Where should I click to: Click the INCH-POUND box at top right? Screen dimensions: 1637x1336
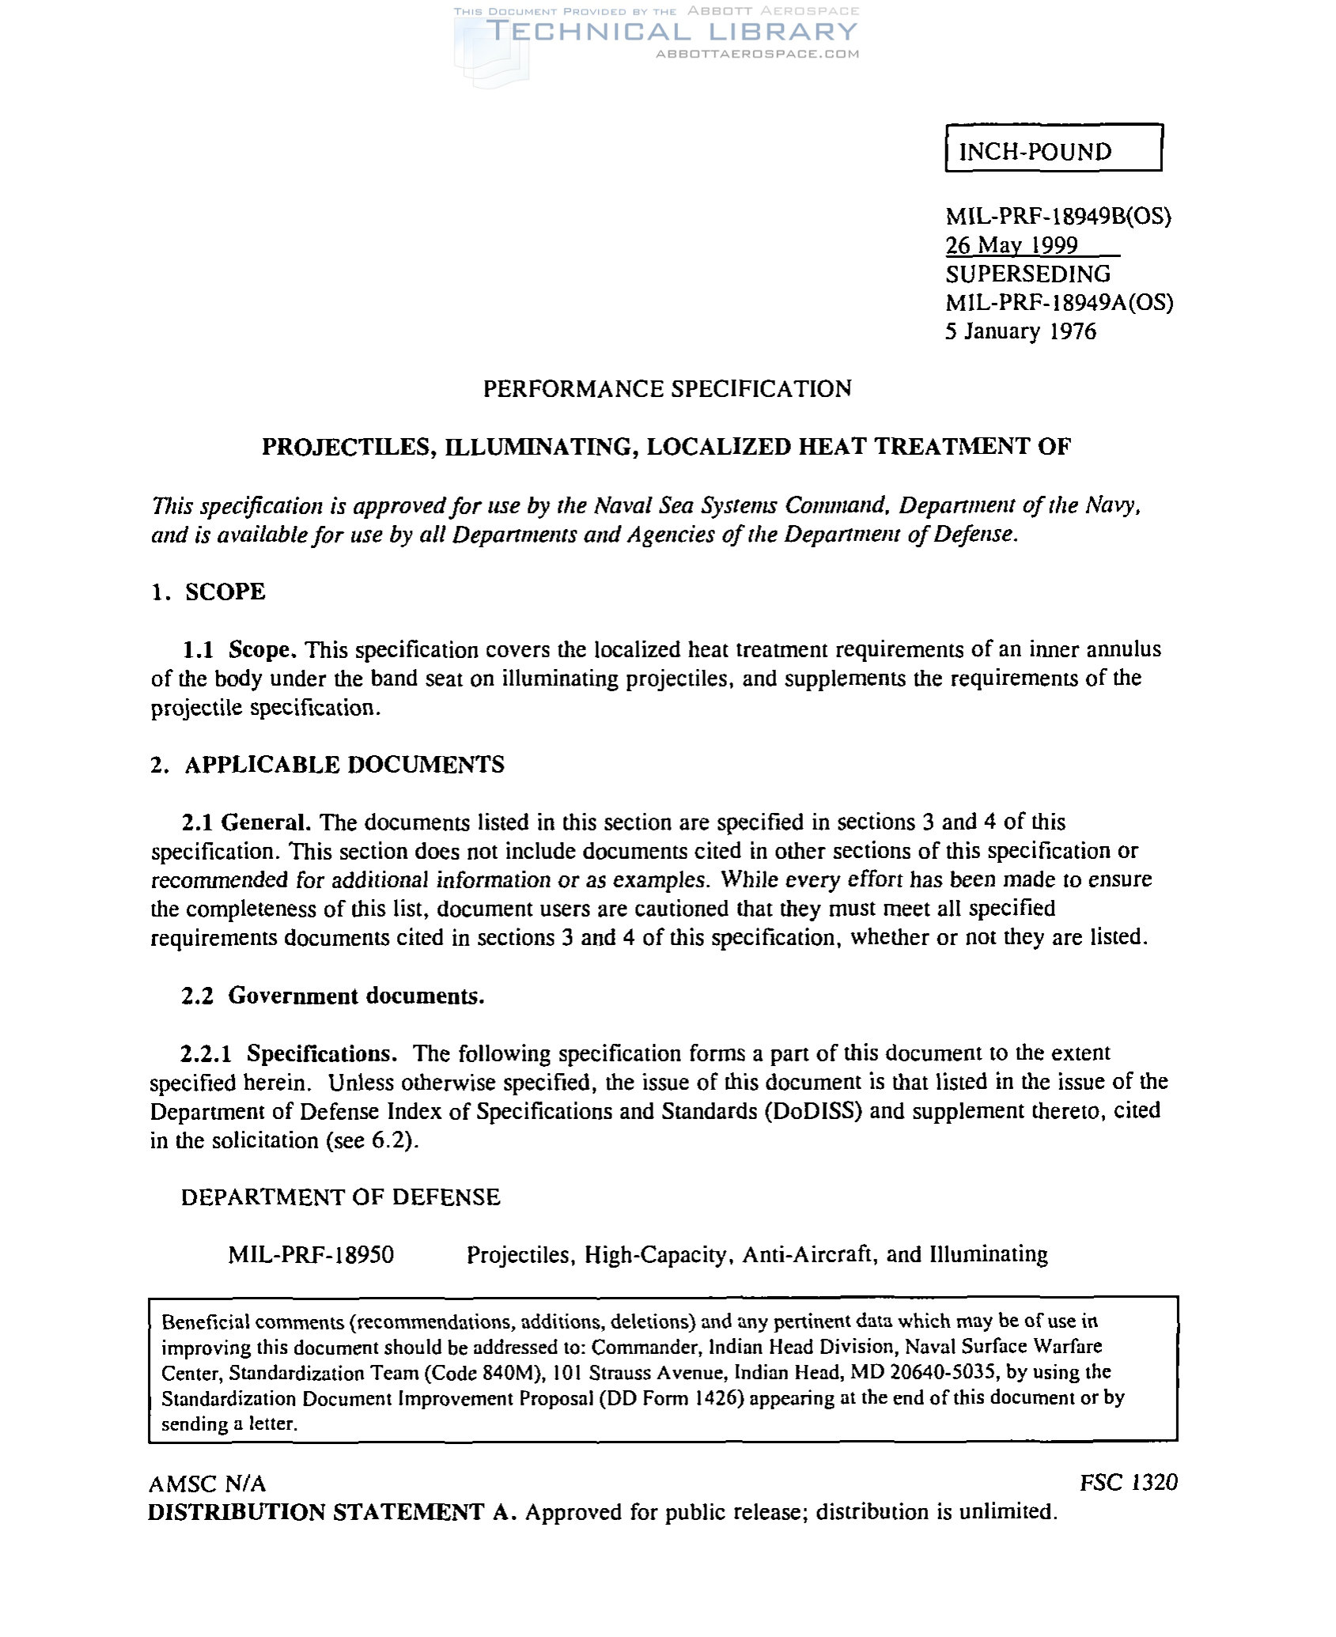coord(1053,148)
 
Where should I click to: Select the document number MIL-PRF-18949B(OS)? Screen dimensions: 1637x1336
coord(1058,216)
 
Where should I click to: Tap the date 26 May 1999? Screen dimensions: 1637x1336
coord(1012,245)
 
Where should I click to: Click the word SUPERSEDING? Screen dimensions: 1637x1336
coord(1028,274)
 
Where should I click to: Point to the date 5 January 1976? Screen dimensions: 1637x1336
coord(1020,331)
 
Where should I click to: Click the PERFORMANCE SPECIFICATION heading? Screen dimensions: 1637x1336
coord(667,388)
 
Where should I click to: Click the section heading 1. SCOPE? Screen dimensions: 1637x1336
coord(208,592)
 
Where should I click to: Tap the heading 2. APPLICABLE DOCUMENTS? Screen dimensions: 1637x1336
coord(327,765)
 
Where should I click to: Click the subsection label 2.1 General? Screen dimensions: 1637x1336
coord(245,822)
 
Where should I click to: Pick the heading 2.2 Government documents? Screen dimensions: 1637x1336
coord(332,996)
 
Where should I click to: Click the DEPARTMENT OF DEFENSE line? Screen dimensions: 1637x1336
coord(340,1197)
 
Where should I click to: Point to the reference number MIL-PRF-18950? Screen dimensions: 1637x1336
coord(310,1254)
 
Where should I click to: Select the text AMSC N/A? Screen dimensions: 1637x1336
coord(207,1483)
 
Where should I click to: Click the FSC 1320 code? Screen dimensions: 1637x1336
coord(1128,1482)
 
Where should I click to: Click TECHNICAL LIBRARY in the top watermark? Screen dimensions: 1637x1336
coord(671,32)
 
